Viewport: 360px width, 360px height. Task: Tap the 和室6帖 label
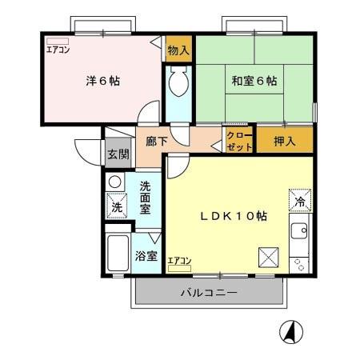254,81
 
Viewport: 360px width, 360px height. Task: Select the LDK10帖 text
234,217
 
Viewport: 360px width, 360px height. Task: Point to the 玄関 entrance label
118,155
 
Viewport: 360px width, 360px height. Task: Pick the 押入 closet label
285,142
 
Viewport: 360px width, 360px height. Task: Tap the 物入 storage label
178,50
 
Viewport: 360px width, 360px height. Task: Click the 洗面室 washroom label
145,197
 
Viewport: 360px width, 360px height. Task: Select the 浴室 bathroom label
146,258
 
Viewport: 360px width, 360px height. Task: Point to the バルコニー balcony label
207,293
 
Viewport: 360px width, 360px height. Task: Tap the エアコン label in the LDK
180,262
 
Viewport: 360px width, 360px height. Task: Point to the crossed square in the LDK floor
268,258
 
